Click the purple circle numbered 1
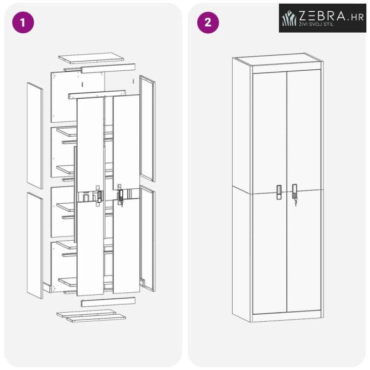pyautogui.click(x=23, y=23)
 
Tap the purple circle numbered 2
pyautogui.click(x=208, y=23)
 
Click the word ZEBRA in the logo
pyautogui.click(x=322, y=16)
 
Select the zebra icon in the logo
pyautogui.click(x=290, y=18)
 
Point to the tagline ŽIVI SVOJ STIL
pyautogui.click(x=316, y=24)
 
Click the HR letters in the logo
pyautogui.click(x=357, y=17)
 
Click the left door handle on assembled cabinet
pyautogui.click(x=279, y=192)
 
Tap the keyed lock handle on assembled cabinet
pyautogui.click(x=294, y=194)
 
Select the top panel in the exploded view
pyautogui.click(x=91, y=58)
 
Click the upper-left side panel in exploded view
pyautogui.click(x=35, y=136)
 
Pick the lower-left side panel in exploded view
pyautogui.click(x=35, y=246)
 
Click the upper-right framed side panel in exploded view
pyautogui.click(x=147, y=128)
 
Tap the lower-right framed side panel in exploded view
pyautogui.click(x=147, y=238)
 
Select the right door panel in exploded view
pyautogui.click(x=127, y=194)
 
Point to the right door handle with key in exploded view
pyautogui.click(x=121, y=195)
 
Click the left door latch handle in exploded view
pyautogui.click(x=99, y=196)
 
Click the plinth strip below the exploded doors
pyautogui.click(x=108, y=302)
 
